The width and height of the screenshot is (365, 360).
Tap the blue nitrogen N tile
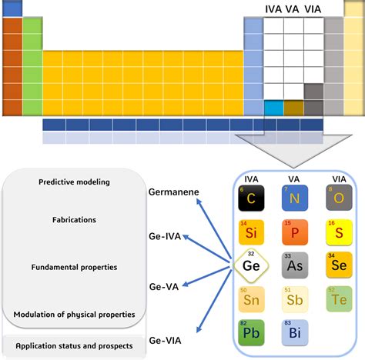coord(294,198)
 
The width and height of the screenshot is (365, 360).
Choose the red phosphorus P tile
coord(294,232)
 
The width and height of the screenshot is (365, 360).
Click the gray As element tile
coord(294,265)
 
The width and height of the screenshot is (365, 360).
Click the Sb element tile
coord(294,299)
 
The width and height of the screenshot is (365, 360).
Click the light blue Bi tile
coord(294,333)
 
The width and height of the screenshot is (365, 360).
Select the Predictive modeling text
coord(74,182)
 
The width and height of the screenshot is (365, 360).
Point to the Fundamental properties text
coord(74,267)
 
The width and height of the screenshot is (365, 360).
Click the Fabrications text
coord(74,219)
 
